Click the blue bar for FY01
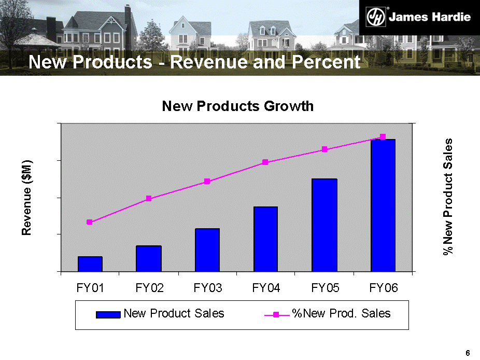coord(90,264)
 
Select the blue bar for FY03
coord(207,250)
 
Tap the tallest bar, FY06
coord(383,205)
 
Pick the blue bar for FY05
coord(324,225)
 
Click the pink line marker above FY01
coord(90,222)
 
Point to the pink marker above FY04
coord(265,162)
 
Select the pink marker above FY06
coord(383,136)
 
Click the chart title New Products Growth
coord(238,106)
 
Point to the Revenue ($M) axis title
coord(27,198)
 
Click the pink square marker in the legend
coord(277,314)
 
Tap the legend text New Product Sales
coord(174,313)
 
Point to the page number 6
coord(468,353)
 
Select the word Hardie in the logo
coord(451,17)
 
